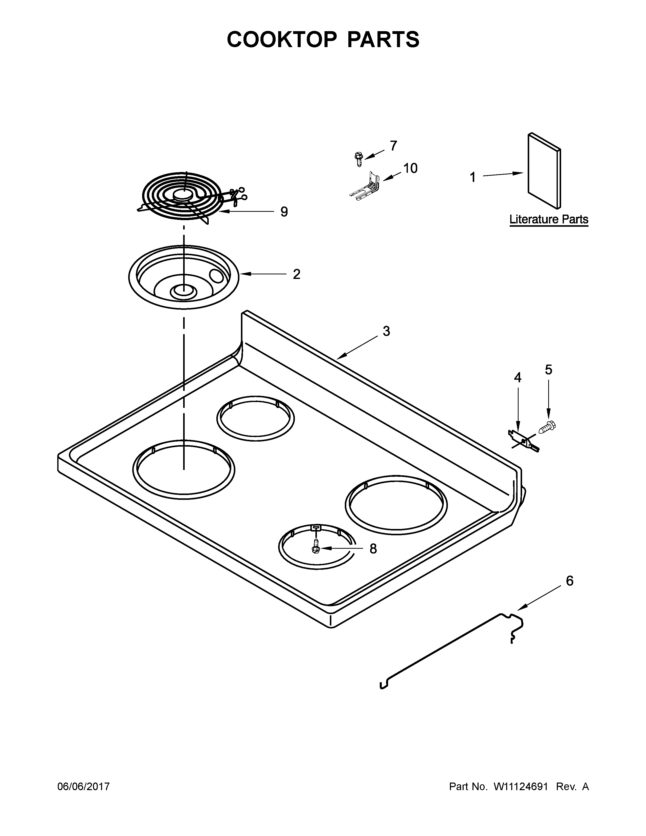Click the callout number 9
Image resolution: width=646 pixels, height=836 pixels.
tap(283, 211)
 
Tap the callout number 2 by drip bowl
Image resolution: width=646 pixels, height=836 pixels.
tap(296, 274)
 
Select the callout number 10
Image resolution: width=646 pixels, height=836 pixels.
tap(410, 168)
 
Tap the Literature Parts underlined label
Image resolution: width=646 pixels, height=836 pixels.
tap(548, 220)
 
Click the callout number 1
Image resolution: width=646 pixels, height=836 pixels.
tap(473, 177)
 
